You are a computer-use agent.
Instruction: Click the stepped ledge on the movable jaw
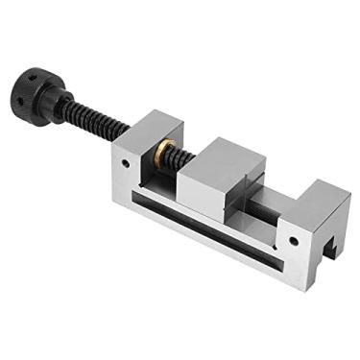(252, 173)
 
